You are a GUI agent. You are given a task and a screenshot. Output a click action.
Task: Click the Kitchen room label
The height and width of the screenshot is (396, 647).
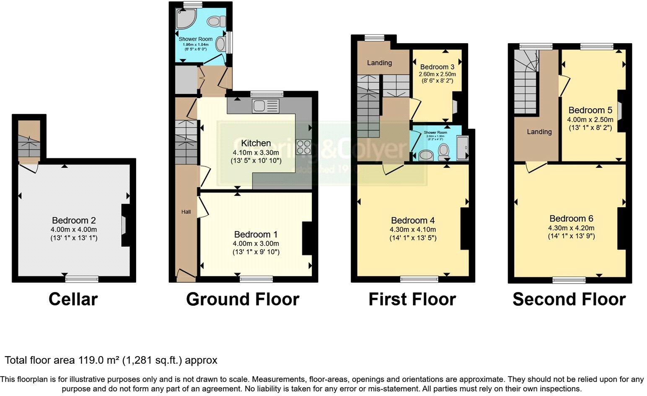tap(256, 143)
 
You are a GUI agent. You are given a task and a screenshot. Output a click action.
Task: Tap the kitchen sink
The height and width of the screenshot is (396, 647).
tap(265, 106)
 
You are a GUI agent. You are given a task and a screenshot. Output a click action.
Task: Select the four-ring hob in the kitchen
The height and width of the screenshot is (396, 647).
tap(303, 147)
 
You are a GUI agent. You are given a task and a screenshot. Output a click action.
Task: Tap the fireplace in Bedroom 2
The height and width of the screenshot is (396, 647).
tap(124, 225)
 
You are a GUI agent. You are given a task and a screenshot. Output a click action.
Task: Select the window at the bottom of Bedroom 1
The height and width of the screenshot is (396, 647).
tap(256, 279)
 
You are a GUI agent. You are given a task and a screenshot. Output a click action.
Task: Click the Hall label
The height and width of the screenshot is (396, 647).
tap(186, 212)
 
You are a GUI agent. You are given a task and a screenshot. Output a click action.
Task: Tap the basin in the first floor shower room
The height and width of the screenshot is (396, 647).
tap(426, 155)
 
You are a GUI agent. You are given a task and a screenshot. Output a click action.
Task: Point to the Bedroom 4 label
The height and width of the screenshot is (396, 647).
tap(412, 221)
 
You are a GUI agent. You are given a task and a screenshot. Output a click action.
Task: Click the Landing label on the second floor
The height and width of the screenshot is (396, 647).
tap(539, 132)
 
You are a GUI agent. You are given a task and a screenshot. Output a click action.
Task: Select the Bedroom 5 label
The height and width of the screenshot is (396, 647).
tap(590, 110)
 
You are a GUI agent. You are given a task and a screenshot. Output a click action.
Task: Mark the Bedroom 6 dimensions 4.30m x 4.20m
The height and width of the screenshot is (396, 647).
tap(571, 228)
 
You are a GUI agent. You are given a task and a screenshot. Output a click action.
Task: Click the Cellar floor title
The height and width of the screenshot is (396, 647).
tap(73, 300)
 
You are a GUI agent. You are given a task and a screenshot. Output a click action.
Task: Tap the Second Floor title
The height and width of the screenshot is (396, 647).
tap(569, 300)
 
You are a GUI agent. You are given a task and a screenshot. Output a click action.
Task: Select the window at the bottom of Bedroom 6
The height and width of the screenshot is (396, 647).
tap(569, 280)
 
